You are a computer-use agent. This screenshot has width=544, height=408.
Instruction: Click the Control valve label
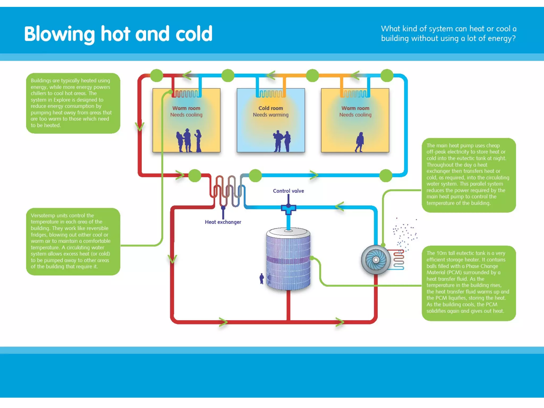coord(288,191)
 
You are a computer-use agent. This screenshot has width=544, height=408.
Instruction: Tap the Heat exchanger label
coord(223,222)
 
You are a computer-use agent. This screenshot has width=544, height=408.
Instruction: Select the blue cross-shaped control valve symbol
coord(288,209)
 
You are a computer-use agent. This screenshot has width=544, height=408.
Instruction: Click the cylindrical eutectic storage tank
coord(288,259)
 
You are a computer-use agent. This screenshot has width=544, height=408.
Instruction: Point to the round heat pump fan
coord(376,260)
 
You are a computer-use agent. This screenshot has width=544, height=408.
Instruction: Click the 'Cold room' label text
coord(271,108)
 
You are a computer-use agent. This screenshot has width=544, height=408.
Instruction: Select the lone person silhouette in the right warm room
coord(359,142)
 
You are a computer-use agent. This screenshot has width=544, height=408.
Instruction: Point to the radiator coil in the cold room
coord(271,94)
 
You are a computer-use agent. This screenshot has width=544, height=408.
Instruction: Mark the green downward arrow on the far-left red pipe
coord(139,126)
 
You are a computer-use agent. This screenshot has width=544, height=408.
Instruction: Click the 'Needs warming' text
coord(270,115)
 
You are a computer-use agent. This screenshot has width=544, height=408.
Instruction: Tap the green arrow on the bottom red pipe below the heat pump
coord(339,322)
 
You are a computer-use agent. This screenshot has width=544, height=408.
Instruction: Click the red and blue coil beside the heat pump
coord(398,259)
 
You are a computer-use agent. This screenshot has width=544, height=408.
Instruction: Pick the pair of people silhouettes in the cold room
coord(282,141)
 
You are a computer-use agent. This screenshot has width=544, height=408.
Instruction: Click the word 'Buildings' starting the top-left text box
coord(42,80)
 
